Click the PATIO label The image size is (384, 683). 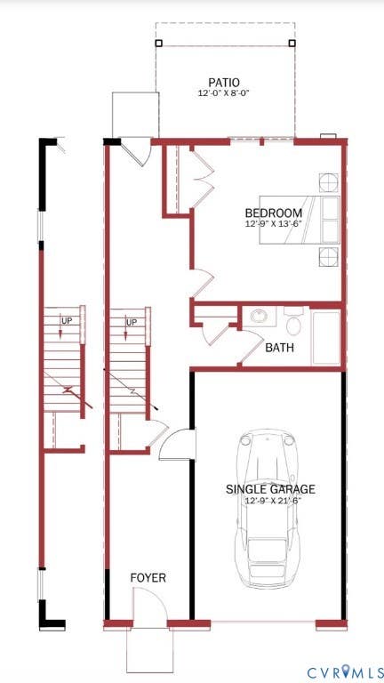coord(224,82)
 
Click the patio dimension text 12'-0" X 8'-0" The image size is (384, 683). coord(223,92)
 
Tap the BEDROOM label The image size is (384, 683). coord(274,213)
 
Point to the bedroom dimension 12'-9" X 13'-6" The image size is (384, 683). coord(273,224)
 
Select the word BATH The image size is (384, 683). coord(279,348)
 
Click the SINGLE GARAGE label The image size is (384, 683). coord(270,489)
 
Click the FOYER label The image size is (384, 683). coord(148,578)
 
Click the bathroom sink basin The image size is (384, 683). coord(260,316)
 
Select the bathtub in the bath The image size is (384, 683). coord(325,338)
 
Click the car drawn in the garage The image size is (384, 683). coord(268,509)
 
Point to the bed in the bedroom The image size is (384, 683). coord(300,220)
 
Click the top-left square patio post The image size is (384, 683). coord(158,43)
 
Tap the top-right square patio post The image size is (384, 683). coord(292,43)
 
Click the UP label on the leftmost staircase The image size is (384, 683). coord(66,321)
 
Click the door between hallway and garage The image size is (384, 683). coord(177,445)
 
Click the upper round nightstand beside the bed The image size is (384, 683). coord(329,182)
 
